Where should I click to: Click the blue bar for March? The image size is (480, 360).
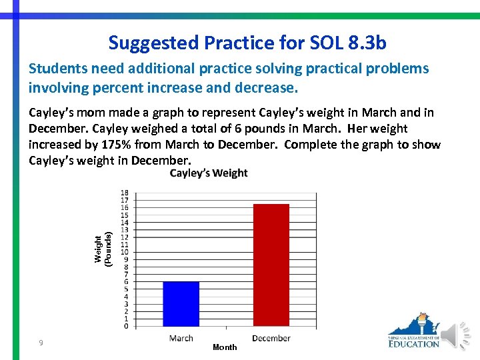pyautogui.click(x=181, y=303)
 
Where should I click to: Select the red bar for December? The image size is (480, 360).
pyautogui.click(x=271, y=265)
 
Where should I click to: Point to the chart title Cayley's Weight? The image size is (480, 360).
pyautogui.click(x=209, y=173)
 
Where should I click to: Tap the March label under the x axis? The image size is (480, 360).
pyautogui.click(x=181, y=338)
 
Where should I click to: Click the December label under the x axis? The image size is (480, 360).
pyautogui.click(x=271, y=338)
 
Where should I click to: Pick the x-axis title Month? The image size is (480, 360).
pyautogui.click(x=225, y=347)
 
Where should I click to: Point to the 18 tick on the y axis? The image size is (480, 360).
pyautogui.click(x=125, y=193)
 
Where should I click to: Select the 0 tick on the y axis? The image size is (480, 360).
pyautogui.click(x=126, y=326)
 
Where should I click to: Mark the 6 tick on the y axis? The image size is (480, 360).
pyautogui.click(x=126, y=281)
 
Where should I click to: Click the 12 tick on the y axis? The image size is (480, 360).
pyautogui.click(x=125, y=237)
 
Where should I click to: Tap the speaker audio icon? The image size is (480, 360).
pyautogui.click(x=458, y=335)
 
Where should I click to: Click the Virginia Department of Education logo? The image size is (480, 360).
pyautogui.click(x=414, y=331)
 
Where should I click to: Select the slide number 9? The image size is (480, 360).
pyautogui.click(x=41, y=343)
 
